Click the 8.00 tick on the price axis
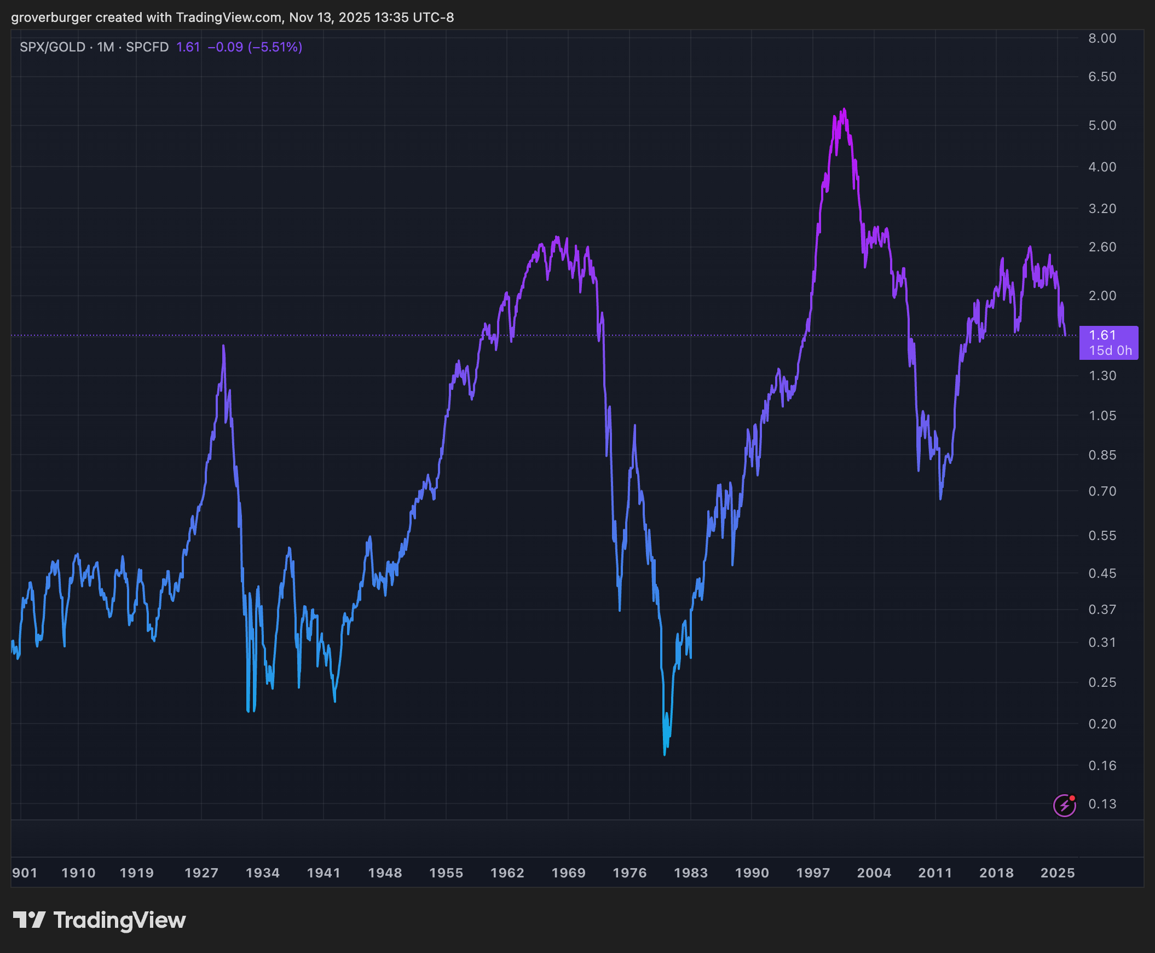click(x=1102, y=38)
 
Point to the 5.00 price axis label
click(x=1102, y=126)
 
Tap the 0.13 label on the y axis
click(x=1102, y=803)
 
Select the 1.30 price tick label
click(x=1102, y=376)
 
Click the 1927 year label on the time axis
click(x=201, y=873)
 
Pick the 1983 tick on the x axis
click(x=690, y=873)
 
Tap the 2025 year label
click(x=1058, y=873)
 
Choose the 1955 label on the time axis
click(x=446, y=873)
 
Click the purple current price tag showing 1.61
click(x=1108, y=342)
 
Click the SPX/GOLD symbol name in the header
click(x=52, y=47)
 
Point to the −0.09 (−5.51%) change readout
click(x=255, y=47)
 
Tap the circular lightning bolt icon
click(x=1065, y=805)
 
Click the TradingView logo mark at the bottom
click(x=29, y=920)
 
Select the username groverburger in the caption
click(x=51, y=18)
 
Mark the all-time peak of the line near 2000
click(x=845, y=109)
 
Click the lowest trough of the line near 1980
click(x=665, y=754)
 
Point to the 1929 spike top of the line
click(x=223, y=346)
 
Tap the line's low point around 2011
click(x=940, y=498)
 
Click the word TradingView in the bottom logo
click(x=120, y=920)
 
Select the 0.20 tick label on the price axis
click(x=1102, y=724)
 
